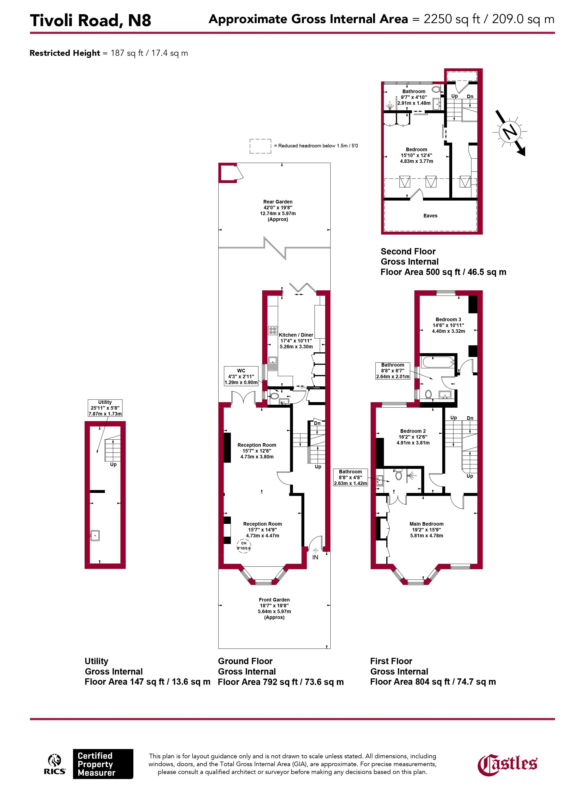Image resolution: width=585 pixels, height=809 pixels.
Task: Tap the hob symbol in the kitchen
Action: point(273,331)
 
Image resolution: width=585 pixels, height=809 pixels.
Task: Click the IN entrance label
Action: point(315,557)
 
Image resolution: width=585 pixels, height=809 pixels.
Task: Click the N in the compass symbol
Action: point(510,132)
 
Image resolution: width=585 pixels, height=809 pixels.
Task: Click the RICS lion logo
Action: point(55,764)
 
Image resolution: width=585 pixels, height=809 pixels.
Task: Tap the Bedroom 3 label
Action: point(448,325)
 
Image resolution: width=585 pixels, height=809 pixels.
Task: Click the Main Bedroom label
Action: point(426,530)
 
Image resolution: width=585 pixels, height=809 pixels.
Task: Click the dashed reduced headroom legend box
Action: point(260,146)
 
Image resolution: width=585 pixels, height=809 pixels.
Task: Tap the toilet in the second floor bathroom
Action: point(436,89)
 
